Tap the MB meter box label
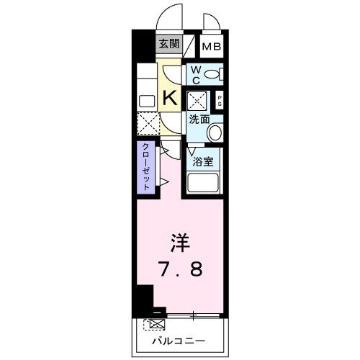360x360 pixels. coord(211,47)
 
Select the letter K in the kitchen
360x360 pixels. coord(171,98)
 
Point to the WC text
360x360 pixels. coord(196,74)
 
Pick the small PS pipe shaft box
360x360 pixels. coord(219,102)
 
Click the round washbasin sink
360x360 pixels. coord(215,132)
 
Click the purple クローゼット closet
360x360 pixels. coord(145,166)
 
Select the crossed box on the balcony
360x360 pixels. coord(153,325)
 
